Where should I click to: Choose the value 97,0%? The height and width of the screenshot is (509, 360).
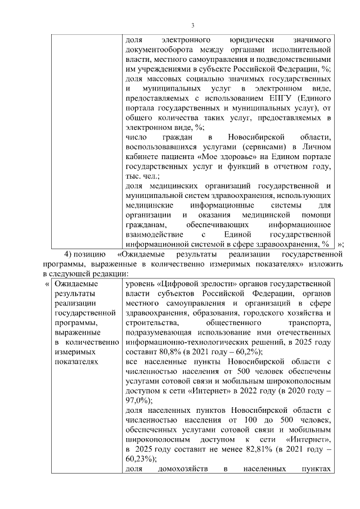(138, 400)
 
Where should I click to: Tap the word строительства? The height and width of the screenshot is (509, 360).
(150, 322)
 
